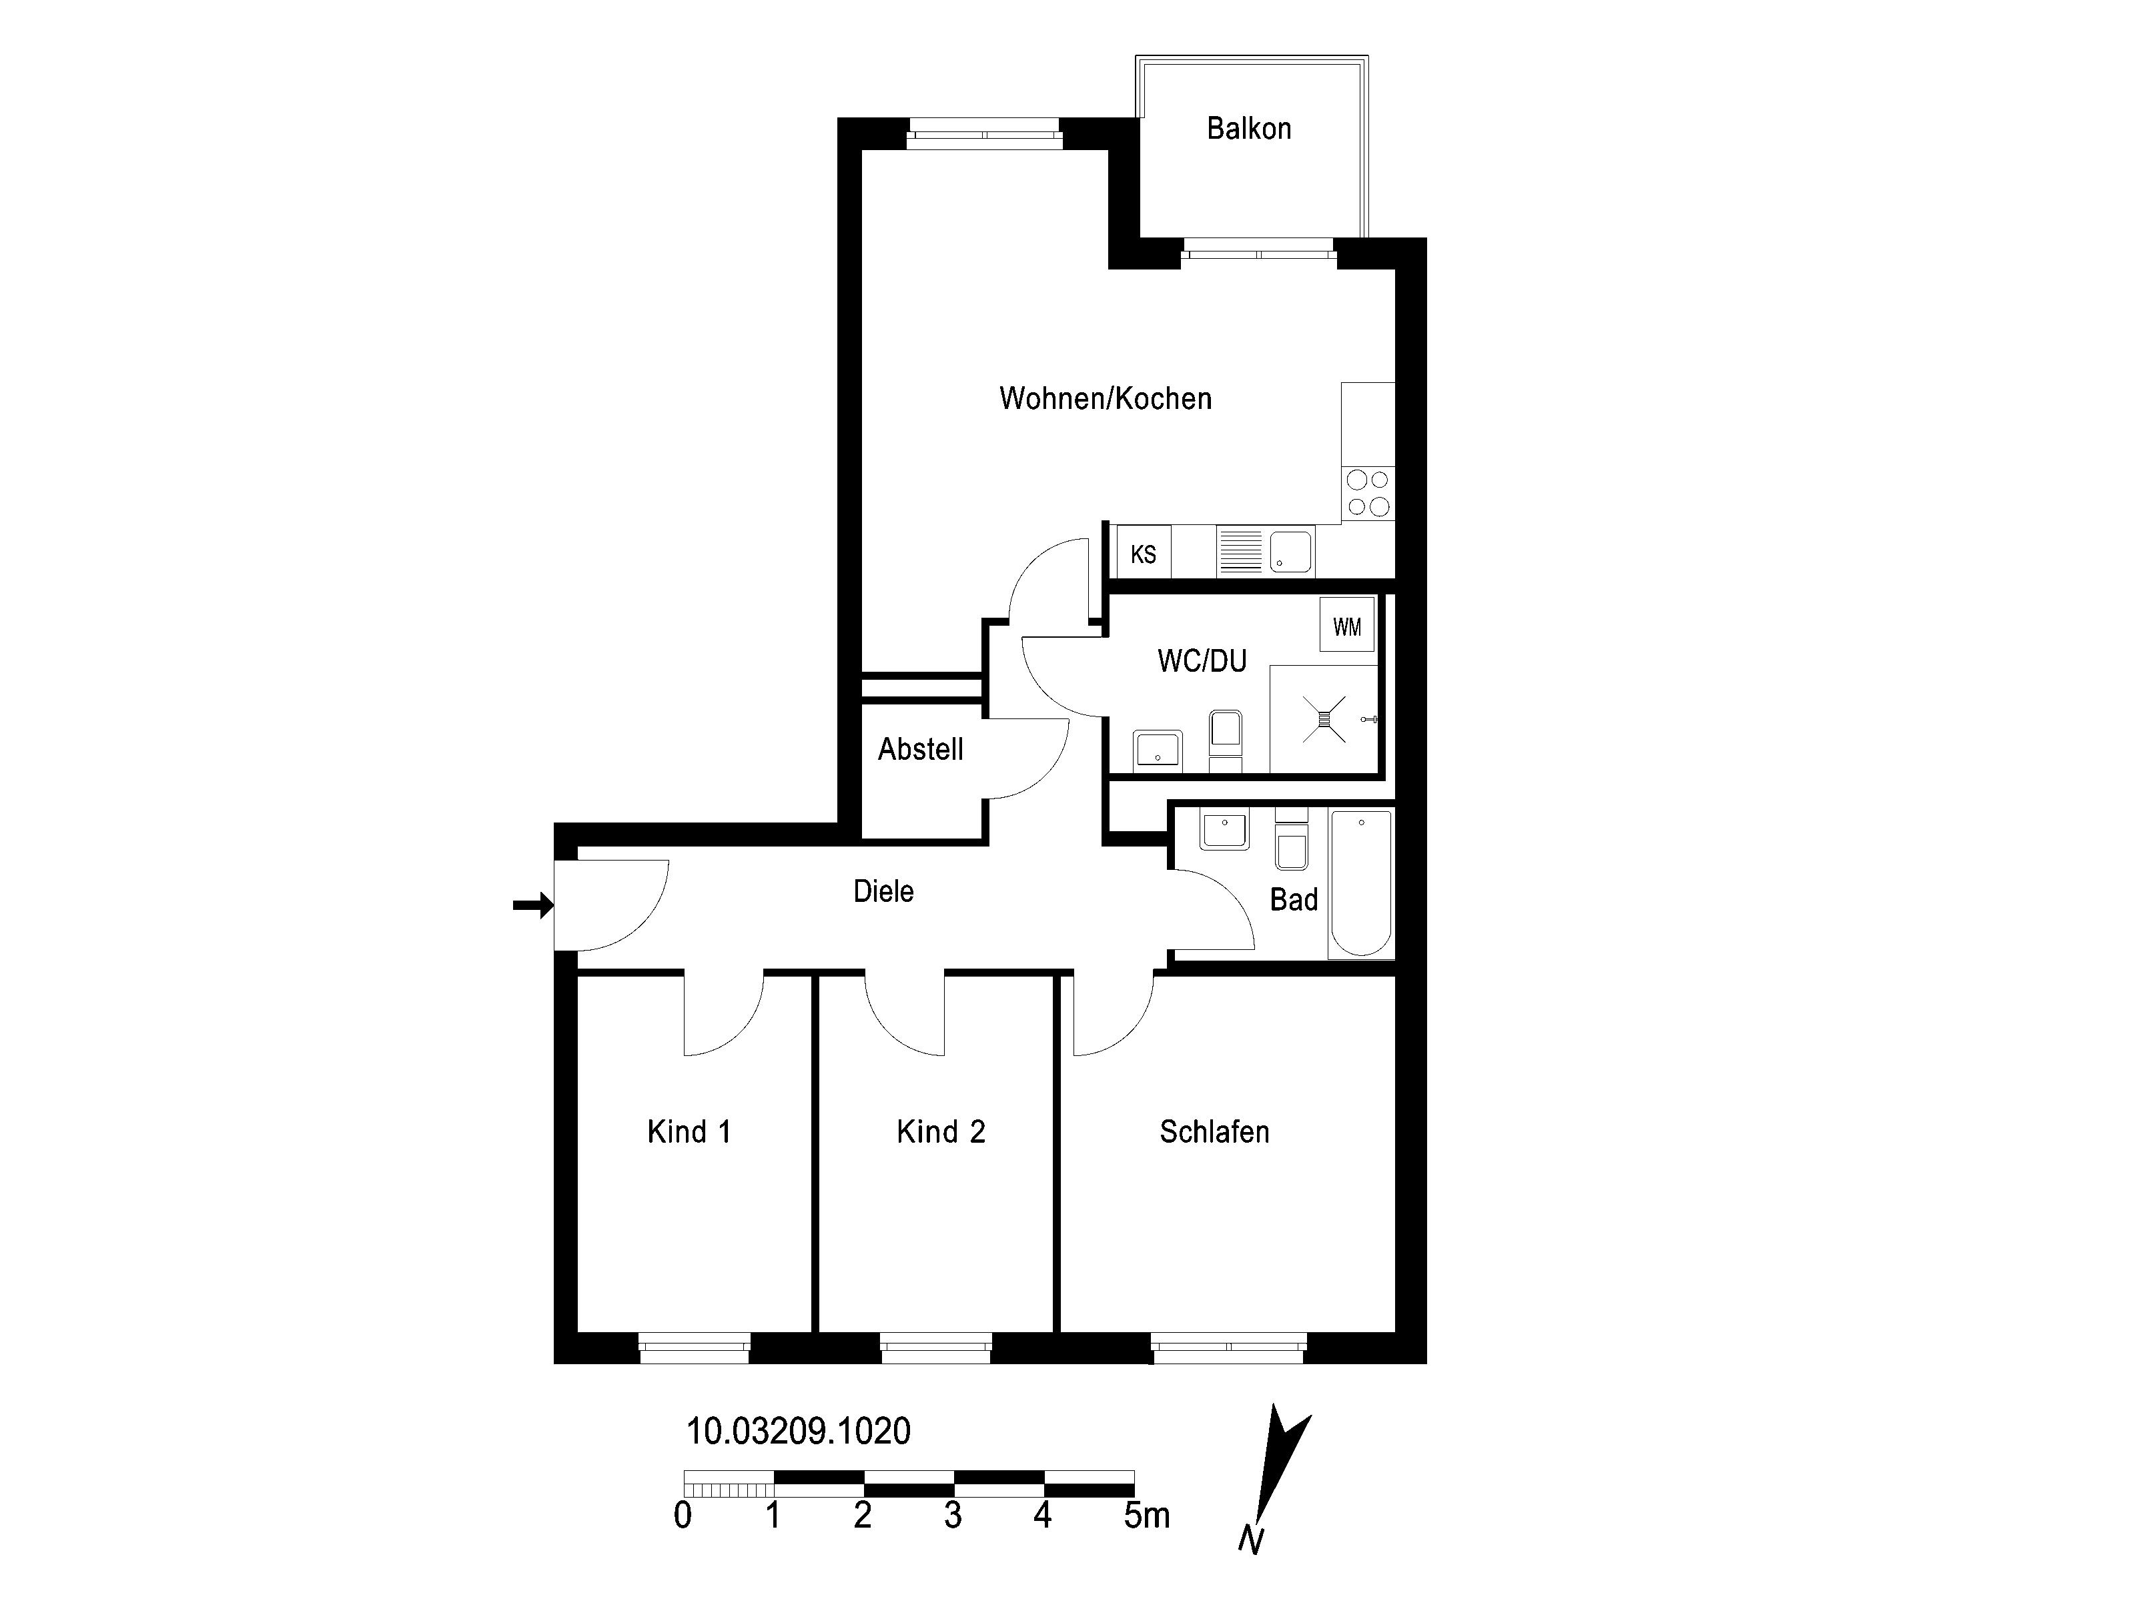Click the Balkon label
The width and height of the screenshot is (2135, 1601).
(x=1249, y=128)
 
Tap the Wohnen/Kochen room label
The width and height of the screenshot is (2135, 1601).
(x=1105, y=398)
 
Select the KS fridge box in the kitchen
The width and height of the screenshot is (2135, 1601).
(x=1143, y=553)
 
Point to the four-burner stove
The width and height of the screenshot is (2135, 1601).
(x=1368, y=493)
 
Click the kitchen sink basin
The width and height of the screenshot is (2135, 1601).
(x=1290, y=552)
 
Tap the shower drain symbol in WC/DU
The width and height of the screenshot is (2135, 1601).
(x=1324, y=719)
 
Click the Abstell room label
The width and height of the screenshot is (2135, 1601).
(x=921, y=749)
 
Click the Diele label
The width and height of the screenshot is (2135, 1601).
(x=883, y=891)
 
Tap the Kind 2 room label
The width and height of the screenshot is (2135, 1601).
(x=941, y=1131)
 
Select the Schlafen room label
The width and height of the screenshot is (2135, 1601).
(x=1214, y=1131)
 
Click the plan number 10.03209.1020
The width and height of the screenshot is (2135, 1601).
(x=798, y=1431)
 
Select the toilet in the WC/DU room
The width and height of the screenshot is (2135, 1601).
(x=1226, y=741)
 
